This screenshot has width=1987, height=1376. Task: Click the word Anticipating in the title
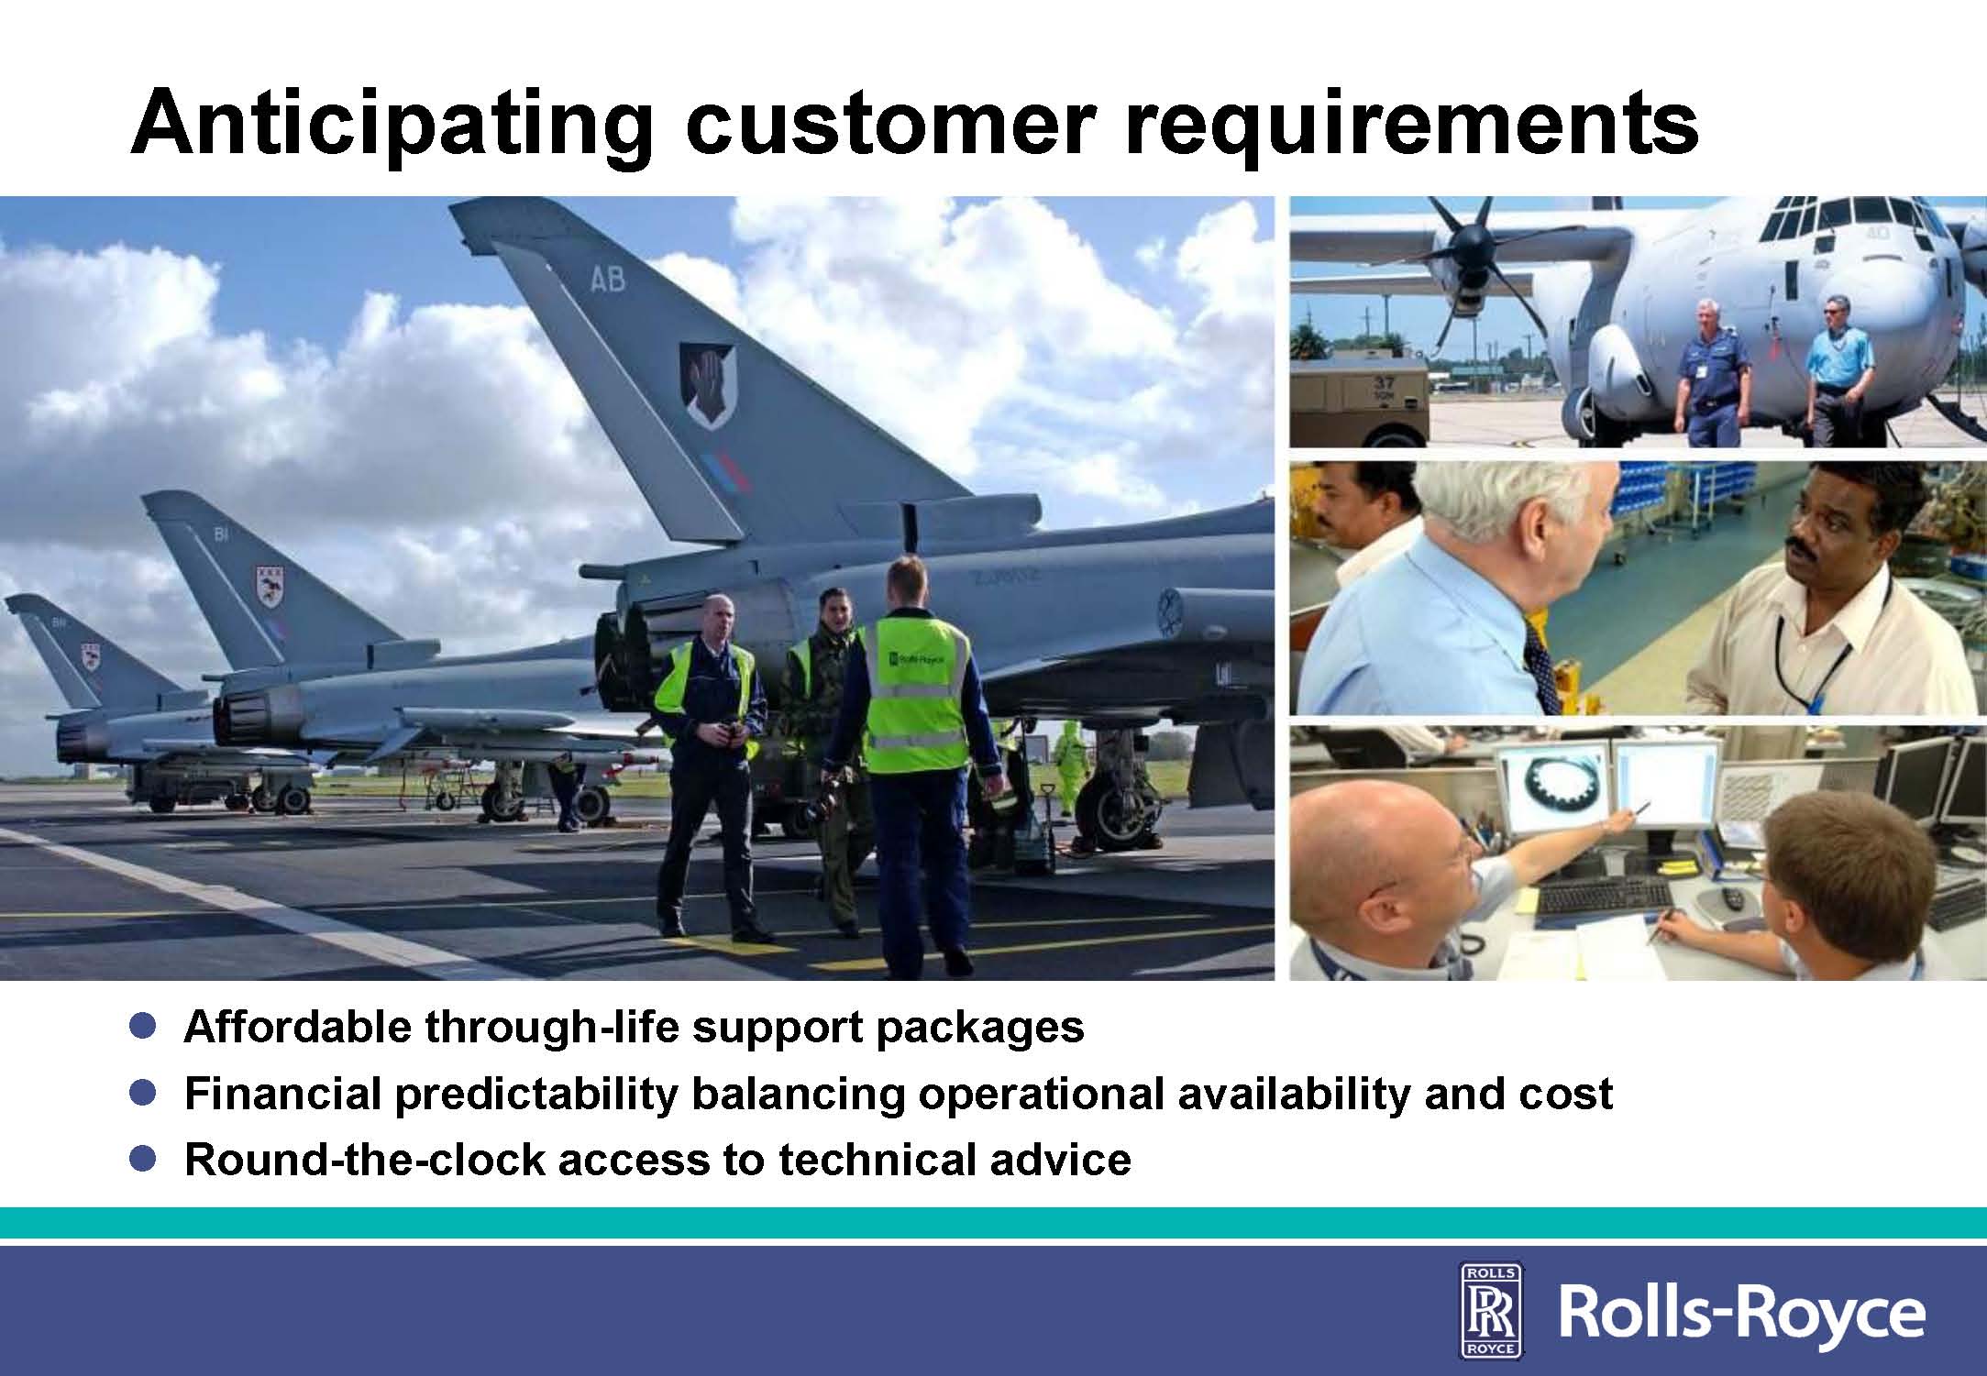click(x=392, y=124)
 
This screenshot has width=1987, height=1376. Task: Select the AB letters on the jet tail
click(x=607, y=278)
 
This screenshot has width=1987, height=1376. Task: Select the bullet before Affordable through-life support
click(x=142, y=1025)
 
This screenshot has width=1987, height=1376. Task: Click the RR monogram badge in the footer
click(x=1490, y=1308)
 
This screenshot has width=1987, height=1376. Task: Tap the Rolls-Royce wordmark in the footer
click(x=1741, y=1312)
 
